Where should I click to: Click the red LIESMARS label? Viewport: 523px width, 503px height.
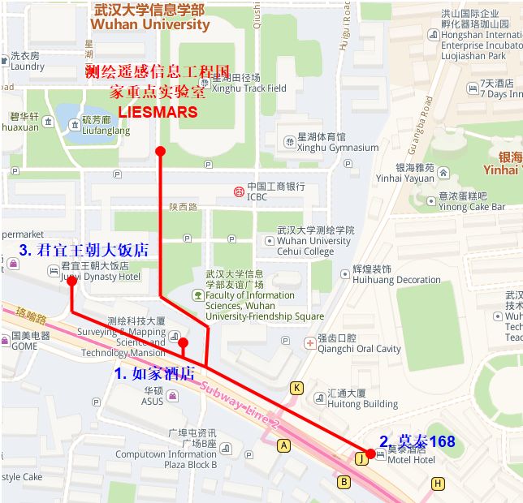click(x=158, y=112)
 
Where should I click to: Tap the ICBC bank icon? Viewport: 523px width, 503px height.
click(x=239, y=191)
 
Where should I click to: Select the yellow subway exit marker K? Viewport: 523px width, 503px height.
click(x=297, y=388)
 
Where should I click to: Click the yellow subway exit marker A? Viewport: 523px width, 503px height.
click(x=283, y=445)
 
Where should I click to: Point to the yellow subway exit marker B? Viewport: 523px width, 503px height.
click(x=344, y=483)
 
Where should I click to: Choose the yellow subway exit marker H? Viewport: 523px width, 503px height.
click(x=439, y=484)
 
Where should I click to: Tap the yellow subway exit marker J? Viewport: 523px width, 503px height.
click(x=361, y=458)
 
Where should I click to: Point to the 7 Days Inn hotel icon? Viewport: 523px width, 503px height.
click(x=472, y=88)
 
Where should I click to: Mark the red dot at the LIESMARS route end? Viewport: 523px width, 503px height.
click(x=160, y=151)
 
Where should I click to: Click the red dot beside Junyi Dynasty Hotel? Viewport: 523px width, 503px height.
click(x=71, y=281)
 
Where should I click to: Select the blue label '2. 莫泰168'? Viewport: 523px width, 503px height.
click(x=417, y=441)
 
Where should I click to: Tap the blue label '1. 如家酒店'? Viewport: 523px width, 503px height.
click(x=154, y=373)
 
